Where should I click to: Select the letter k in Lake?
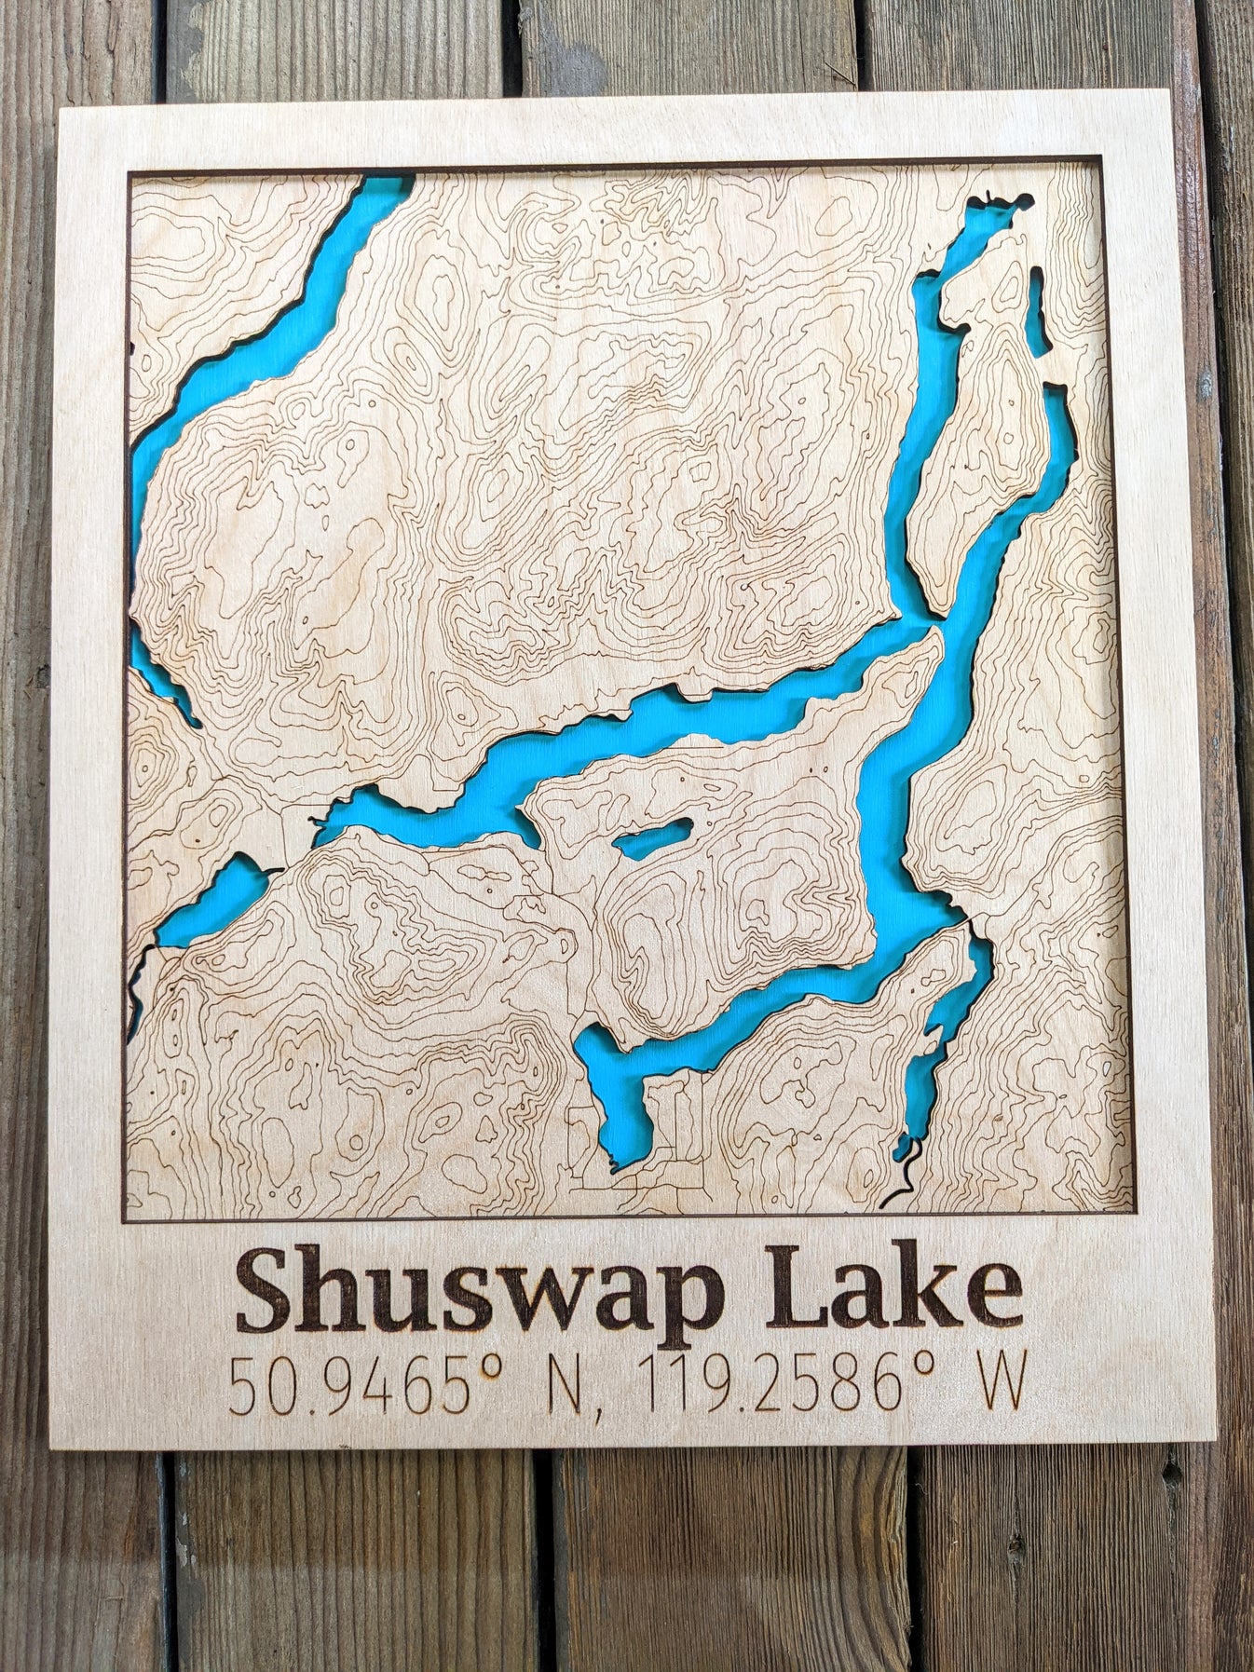coord(933,1284)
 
